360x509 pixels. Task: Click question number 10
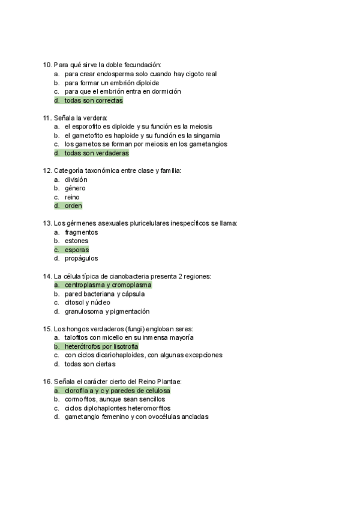tap(47, 65)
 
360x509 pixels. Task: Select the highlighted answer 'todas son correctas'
tap(93, 100)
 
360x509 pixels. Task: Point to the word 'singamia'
tap(207, 136)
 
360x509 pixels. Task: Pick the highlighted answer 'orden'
tap(73, 206)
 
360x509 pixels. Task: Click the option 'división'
tap(76, 179)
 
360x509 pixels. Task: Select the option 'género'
tap(75, 188)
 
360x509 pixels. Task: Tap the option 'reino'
tap(72, 197)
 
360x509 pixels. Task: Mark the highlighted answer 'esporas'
tap(77, 250)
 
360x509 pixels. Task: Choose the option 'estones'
tap(76, 241)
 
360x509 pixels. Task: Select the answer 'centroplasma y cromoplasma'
tap(108, 285)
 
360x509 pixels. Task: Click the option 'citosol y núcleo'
tap(88, 303)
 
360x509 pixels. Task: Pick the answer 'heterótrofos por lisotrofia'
tap(101, 346)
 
